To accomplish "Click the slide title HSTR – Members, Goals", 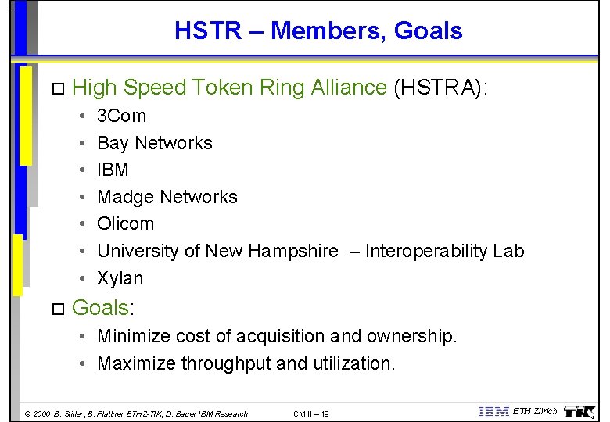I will (318, 31).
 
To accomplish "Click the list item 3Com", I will (121, 116).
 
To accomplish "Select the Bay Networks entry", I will (154, 143).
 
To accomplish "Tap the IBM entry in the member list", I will (113, 170).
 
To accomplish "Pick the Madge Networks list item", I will (167, 197).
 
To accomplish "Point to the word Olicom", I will (125, 224).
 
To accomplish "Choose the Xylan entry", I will (120, 278).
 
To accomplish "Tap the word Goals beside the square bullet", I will (100, 308).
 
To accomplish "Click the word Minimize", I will (135, 337).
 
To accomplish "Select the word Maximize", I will (137, 363).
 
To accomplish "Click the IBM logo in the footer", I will (493, 412).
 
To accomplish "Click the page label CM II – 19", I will (310, 413).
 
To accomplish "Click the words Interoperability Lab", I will (444, 251).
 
